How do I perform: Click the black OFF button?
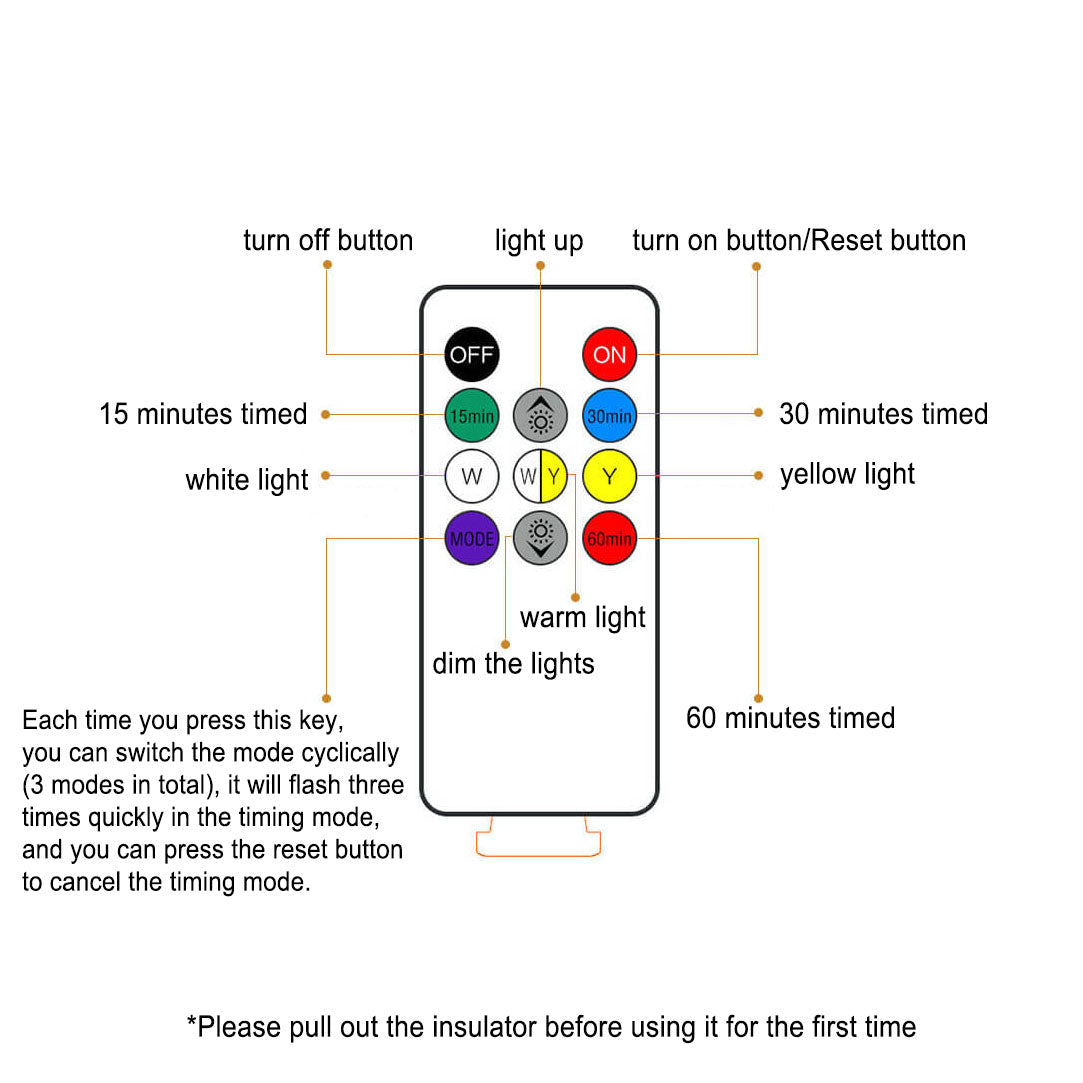click(x=472, y=354)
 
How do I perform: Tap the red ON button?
click(x=609, y=354)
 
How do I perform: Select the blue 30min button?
click(x=609, y=416)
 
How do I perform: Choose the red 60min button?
click(x=609, y=538)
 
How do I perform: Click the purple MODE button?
click(x=472, y=538)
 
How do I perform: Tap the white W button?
click(x=472, y=477)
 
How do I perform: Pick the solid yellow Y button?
click(x=609, y=477)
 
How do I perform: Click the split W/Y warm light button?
click(x=540, y=477)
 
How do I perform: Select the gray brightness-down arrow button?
click(x=540, y=538)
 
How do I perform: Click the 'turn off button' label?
click(x=328, y=240)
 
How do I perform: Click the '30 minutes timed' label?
click(x=883, y=414)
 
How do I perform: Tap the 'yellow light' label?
click(x=847, y=475)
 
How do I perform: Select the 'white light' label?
click(x=247, y=480)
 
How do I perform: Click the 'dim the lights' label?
click(x=513, y=664)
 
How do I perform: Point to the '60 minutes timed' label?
click(x=790, y=718)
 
